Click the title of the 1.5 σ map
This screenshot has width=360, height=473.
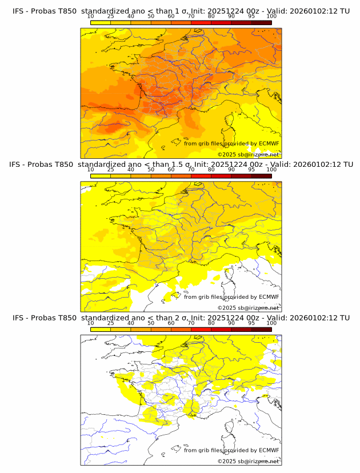click(181, 165)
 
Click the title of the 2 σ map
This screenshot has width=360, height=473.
click(181, 318)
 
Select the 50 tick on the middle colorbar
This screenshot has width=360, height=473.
click(151, 170)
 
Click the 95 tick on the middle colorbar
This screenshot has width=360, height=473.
click(251, 170)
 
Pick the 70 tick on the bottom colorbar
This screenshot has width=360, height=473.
click(191, 323)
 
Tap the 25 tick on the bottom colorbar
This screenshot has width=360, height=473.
click(111, 323)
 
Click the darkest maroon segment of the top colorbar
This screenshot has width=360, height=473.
click(261, 22)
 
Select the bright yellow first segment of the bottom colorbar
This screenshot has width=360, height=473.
click(101, 329)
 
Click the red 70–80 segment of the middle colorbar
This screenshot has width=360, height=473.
click(201, 176)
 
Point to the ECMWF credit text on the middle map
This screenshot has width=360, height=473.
click(231, 297)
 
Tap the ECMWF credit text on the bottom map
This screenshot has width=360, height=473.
click(231, 450)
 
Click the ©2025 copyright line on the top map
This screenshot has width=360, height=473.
click(248, 154)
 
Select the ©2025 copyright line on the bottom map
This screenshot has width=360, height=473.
click(248, 461)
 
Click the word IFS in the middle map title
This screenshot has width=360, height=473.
click(19, 165)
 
